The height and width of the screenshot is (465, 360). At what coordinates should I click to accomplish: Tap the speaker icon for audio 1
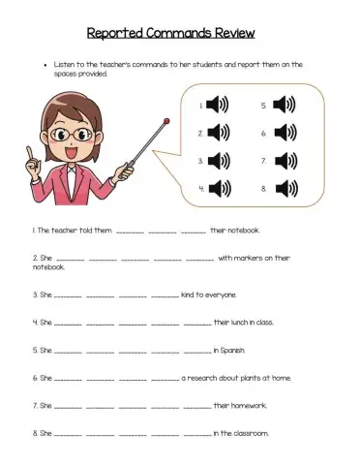(x=218, y=106)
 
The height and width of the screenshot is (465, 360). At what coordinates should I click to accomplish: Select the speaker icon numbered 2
(x=218, y=133)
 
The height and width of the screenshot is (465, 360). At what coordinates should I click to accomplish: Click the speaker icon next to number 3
(x=218, y=160)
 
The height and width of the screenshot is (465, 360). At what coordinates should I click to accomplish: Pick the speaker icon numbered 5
(x=283, y=106)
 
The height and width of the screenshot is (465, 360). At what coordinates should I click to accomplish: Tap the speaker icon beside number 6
(x=283, y=133)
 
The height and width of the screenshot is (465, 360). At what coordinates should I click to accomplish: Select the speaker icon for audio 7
(x=283, y=160)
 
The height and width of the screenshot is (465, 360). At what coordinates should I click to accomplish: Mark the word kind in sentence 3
(x=190, y=294)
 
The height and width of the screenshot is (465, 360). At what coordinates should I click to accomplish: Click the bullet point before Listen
(x=46, y=66)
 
